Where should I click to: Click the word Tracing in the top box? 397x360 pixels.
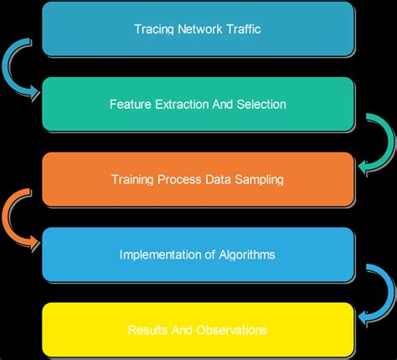click(153, 29)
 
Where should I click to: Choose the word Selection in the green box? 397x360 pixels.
click(260, 105)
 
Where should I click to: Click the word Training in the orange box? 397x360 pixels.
click(132, 179)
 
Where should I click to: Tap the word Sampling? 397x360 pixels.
click(257, 179)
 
